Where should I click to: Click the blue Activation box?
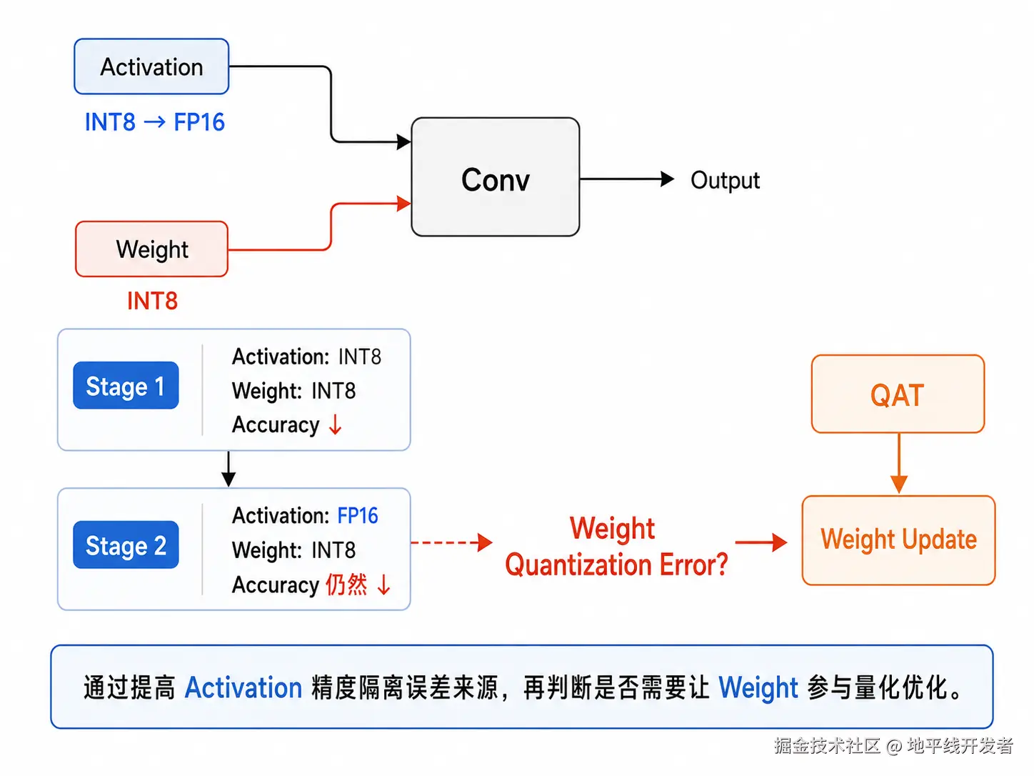point(151,66)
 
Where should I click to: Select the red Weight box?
point(151,249)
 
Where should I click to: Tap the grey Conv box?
point(495,176)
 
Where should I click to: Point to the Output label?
point(725,180)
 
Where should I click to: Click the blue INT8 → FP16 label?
point(154,122)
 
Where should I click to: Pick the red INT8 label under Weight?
point(152,301)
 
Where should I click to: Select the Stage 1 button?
point(126,385)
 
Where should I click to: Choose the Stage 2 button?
point(126,544)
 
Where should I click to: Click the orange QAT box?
point(898,394)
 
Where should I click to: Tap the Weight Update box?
point(898,540)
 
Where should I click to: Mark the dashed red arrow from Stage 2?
point(452,543)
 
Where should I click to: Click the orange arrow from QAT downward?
point(899,463)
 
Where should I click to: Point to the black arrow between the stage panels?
point(229,469)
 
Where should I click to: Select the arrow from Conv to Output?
point(627,179)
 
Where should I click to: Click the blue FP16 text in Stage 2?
point(358,515)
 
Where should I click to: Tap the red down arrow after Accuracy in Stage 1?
point(336,424)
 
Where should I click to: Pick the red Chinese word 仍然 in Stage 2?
point(346,585)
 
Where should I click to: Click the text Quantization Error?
point(616,564)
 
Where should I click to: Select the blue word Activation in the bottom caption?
point(243,687)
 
